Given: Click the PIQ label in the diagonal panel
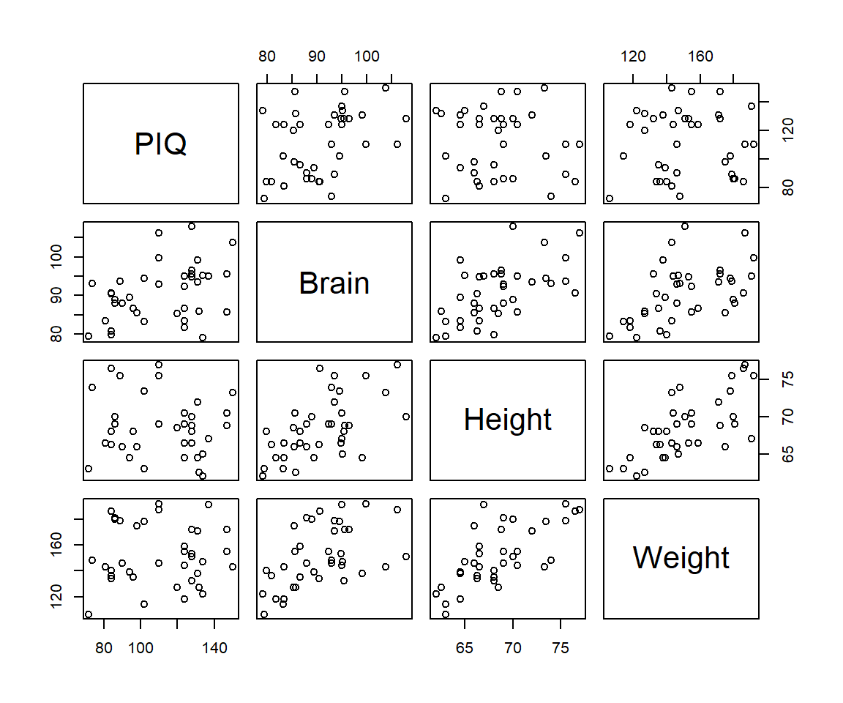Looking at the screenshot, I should point(161,144).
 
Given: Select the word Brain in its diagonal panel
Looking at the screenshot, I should point(334,283).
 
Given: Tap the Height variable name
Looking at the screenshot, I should point(507,420).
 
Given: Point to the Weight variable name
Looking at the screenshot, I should point(681,558).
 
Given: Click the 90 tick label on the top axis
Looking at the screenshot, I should point(316,56).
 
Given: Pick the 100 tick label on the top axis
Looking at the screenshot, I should point(367,56).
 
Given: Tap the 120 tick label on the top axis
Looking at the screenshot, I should point(633,56).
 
